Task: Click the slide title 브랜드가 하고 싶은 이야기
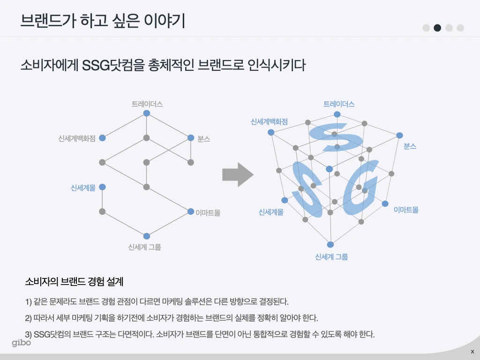tap(103, 21)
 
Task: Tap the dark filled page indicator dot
tap(437, 28)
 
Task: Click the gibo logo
tap(22, 343)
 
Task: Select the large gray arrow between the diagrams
tap(238, 175)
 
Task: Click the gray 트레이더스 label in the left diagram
tap(147, 104)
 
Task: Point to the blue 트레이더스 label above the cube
tap(339, 104)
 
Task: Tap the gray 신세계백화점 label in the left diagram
tap(77, 138)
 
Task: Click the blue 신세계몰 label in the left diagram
tap(83, 187)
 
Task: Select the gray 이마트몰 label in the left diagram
tap(208, 213)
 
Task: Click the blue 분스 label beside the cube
tap(410, 146)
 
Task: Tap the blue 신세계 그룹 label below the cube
tap(331, 256)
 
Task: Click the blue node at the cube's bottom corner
tap(330, 245)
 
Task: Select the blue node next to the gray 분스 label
tap(191, 138)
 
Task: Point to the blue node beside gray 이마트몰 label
tap(191, 211)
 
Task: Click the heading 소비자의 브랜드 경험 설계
tap(74, 282)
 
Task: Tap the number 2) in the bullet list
tap(29, 318)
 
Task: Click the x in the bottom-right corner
tap(472, 352)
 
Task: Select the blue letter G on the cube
tap(361, 187)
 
